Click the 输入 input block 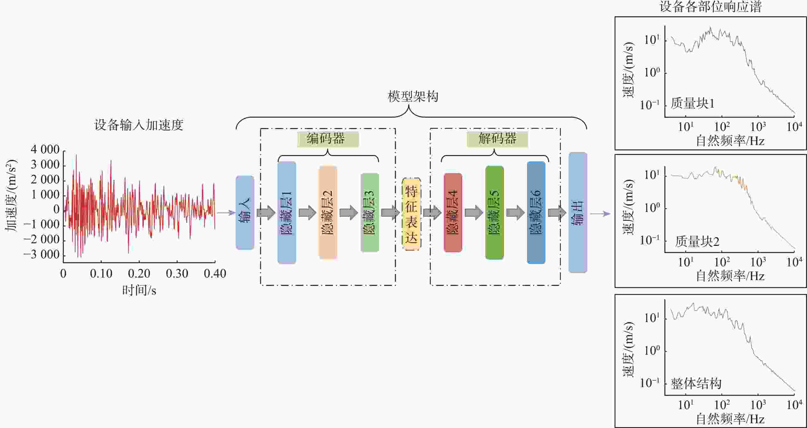tap(245, 213)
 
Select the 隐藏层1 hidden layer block tap(286, 213)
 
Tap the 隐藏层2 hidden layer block tap(328, 213)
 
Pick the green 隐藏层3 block tap(370, 213)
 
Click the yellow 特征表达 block tap(411, 214)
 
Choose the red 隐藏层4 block tap(453, 213)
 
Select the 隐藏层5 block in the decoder tap(495, 213)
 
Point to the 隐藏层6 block tap(536, 213)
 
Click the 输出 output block tap(578, 213)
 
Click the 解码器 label tap(497, 139)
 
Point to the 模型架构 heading tap(413, 96)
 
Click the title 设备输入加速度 tap(139, 125)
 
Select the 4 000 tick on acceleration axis tap(45, 149)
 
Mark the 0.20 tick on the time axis tap(139, 273)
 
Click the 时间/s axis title tap(139, 290)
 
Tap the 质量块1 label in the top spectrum tap(692, 103)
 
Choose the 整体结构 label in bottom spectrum tap(696, 384)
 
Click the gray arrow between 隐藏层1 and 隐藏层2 tap(307, 213)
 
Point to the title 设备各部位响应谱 tap(711, 6)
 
